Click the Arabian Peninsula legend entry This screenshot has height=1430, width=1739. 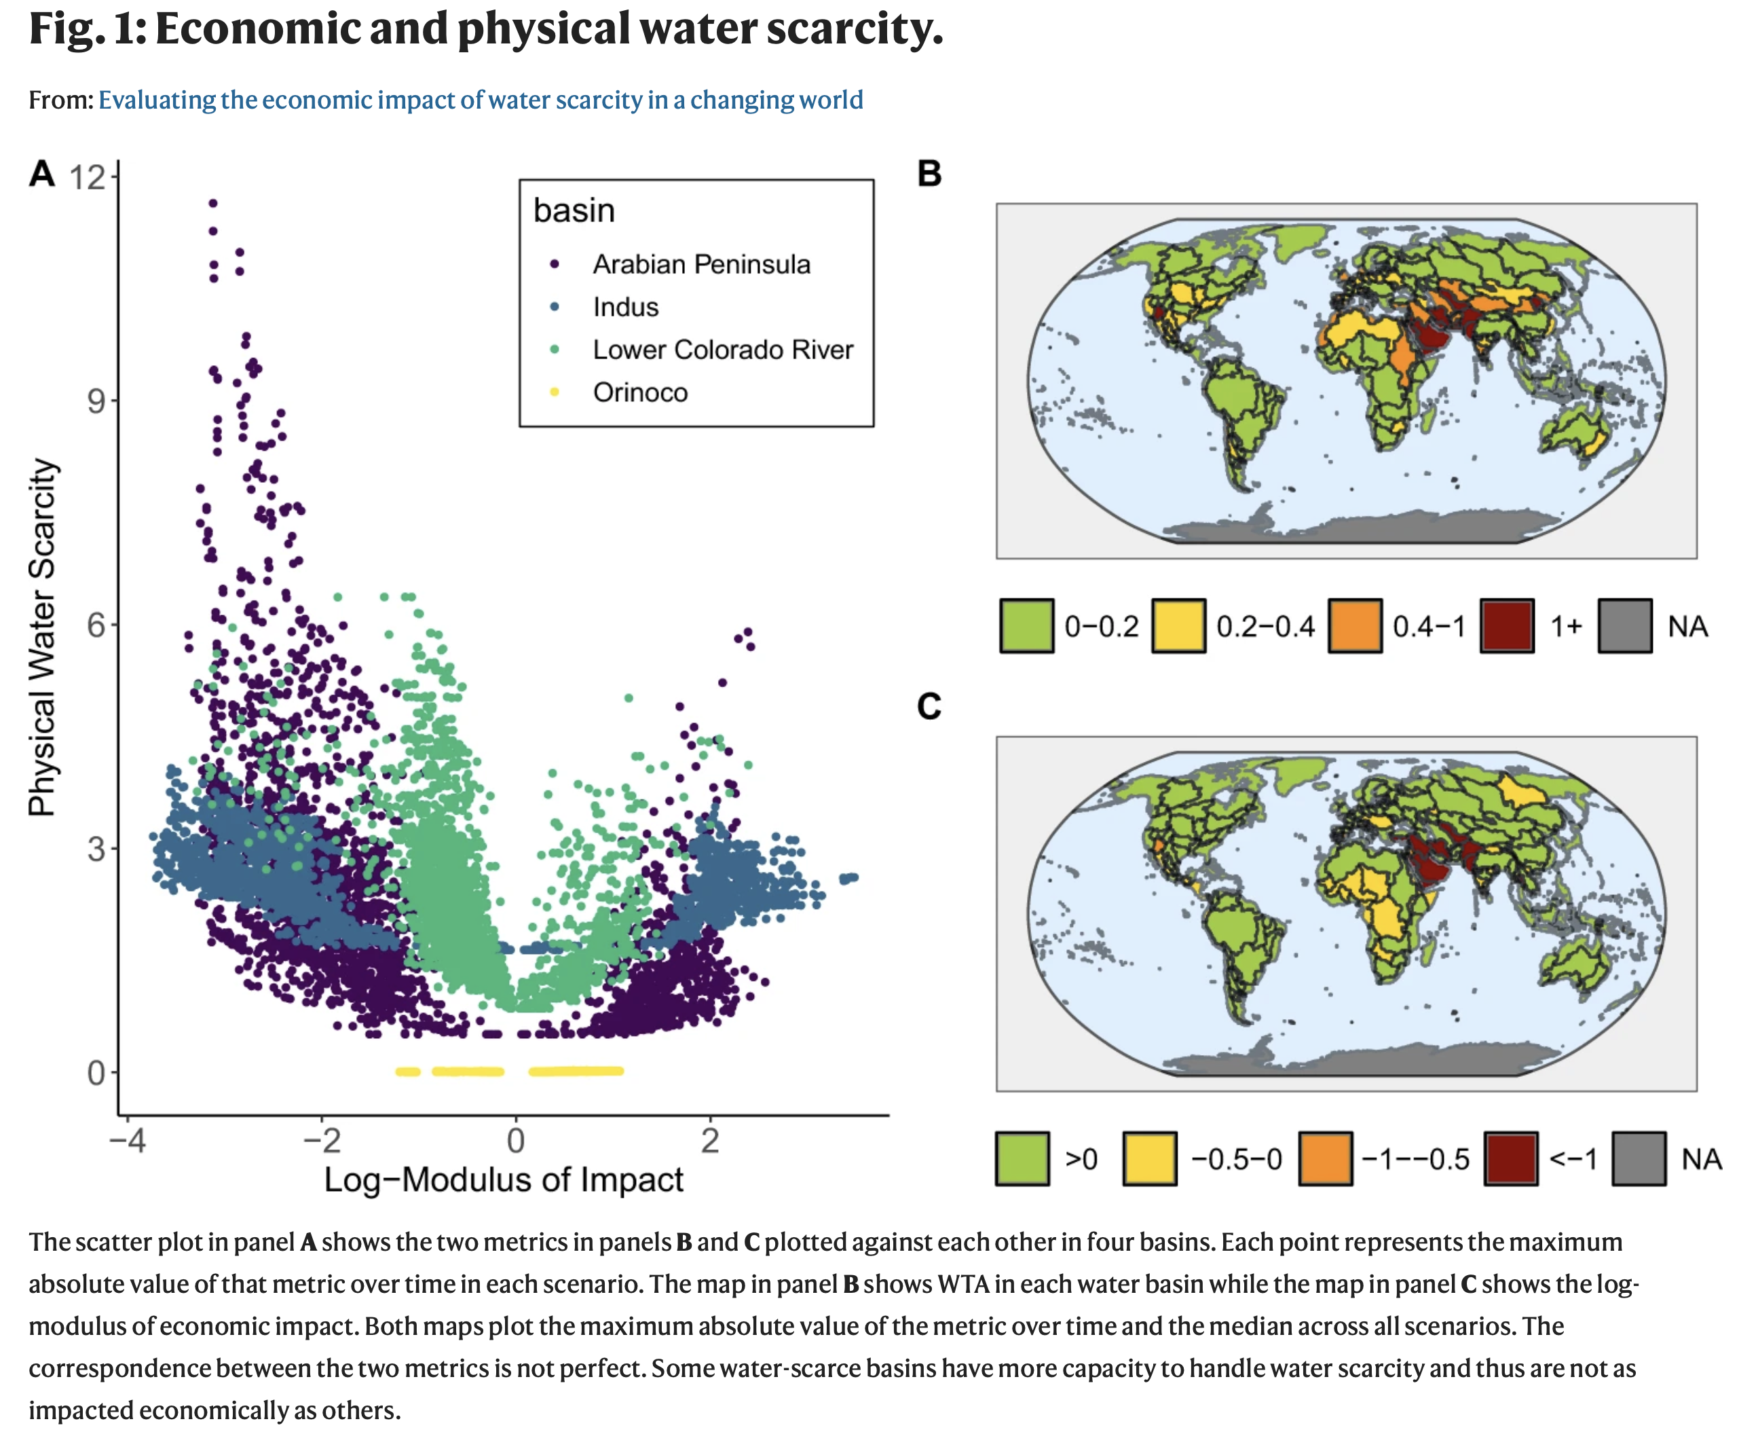700,264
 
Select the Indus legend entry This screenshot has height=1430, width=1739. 625,307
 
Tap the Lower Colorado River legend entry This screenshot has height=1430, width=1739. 722,350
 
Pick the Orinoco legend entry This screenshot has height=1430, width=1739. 640,393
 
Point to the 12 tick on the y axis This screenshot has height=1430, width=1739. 88,177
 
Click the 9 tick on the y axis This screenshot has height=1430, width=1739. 96,401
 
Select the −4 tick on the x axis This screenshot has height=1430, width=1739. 128,1141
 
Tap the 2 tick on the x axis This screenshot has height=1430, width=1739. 710,1141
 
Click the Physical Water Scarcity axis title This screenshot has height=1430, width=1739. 42,637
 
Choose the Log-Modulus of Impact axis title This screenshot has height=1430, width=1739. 503,1179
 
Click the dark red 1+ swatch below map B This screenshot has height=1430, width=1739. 1507,626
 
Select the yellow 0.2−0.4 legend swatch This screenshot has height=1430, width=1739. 1178,626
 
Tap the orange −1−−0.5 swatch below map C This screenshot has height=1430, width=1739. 1325,1159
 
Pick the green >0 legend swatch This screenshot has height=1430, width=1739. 1022,1159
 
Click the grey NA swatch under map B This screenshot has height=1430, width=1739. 1624,626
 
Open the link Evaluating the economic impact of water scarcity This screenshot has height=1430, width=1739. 480,100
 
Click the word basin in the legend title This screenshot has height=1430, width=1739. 574,211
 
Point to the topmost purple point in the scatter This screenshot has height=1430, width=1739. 212,202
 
